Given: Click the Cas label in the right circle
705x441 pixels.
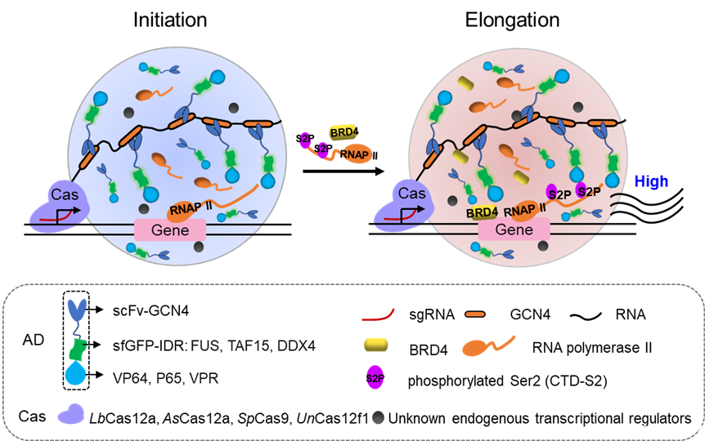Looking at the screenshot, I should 411,194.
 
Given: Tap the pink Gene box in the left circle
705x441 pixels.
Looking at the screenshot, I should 170,230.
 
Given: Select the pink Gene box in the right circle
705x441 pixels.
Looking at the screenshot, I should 514,230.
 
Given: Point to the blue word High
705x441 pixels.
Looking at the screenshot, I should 651,182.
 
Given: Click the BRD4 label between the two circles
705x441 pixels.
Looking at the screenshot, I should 343,131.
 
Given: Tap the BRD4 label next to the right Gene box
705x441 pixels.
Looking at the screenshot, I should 483,212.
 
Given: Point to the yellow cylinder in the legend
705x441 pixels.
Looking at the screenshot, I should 376,345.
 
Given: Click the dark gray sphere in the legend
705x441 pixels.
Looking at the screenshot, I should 376,416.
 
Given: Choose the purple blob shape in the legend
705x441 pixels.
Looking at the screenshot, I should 70,414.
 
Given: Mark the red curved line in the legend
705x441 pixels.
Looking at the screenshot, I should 378,312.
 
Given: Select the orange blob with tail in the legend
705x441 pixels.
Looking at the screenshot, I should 484,345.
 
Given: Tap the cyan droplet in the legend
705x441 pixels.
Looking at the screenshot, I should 76,374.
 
